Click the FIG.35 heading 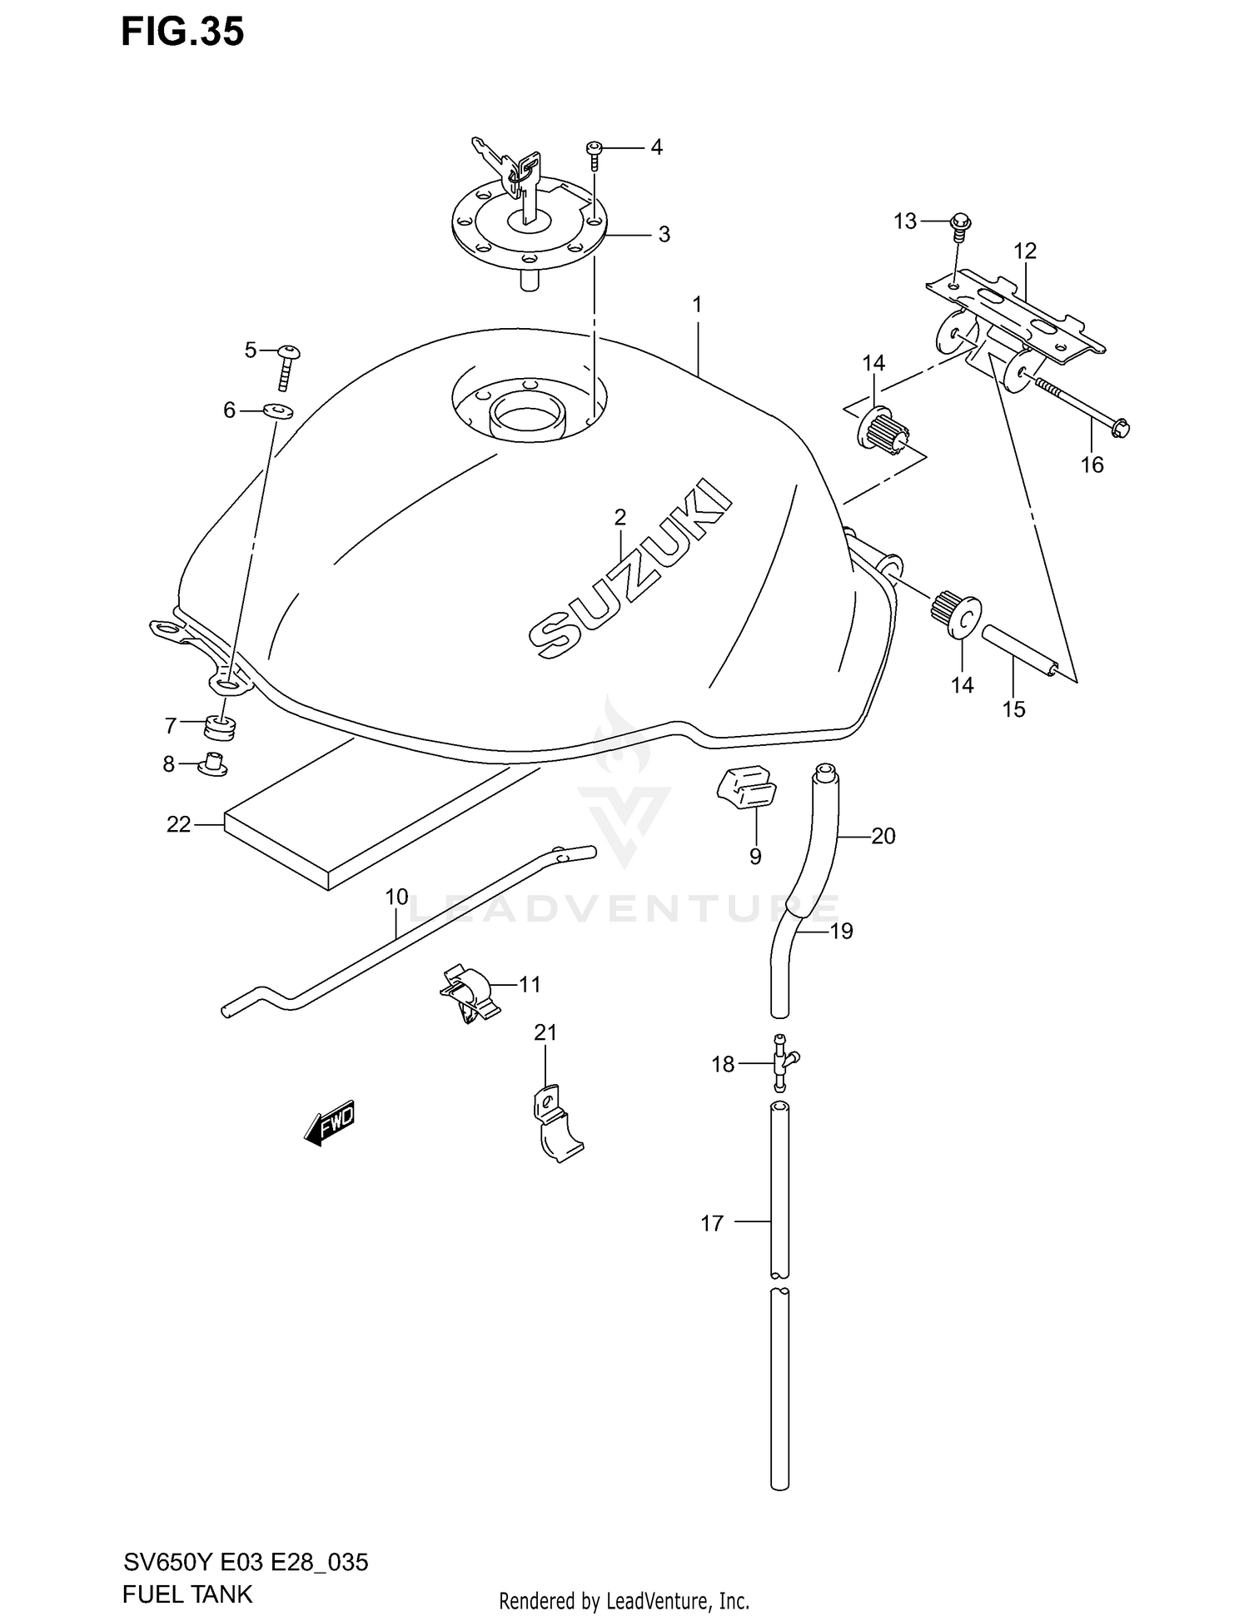point(182,32)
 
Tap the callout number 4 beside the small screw point(656,147)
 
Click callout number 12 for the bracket point(1024,251)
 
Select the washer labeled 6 point(278,410)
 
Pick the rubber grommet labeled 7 point(220,726)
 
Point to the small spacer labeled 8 point(214,764)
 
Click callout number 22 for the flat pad point(178,824)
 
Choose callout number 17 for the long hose point(712,1223)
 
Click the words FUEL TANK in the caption point(187,1594)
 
